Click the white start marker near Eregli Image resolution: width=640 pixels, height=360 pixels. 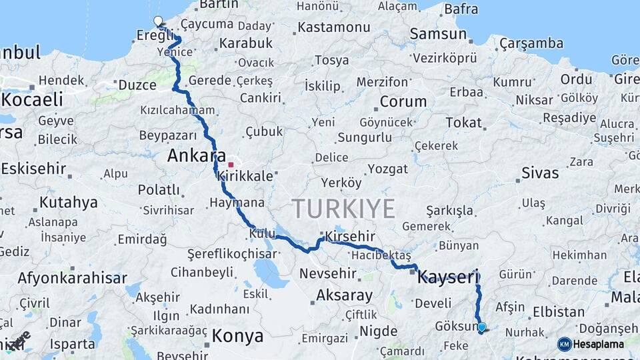pyautogui.click(x=158, y=21)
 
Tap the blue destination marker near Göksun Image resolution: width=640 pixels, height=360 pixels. pyautogui.click(x=482, y=327)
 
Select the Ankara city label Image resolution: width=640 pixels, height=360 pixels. pyautogui.click(x=197, y=156)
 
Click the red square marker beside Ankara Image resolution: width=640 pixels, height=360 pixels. pyautogui.click(x=231, y=164)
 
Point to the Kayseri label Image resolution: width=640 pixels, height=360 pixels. pyautogui.click(x=448, y=277)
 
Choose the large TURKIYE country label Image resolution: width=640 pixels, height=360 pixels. pyautogui.click(x=343, y=209)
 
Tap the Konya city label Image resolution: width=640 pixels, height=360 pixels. pyautogui.click(x=238, y=336)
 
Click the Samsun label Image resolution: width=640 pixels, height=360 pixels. pyautogui.click(x=438, y=33)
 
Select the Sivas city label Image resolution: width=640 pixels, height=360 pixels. pyautogui.click(x=539, y=173)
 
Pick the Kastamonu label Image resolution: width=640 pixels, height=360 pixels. pyautogui.click(x=333, y=27)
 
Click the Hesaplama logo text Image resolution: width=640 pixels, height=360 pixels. pyautogui.click(x=599, y=344)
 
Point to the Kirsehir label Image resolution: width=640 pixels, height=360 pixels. pyautogui.click(x=350, y=237)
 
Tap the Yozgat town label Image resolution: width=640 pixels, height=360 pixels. pyautogui.click(x=387, y=169)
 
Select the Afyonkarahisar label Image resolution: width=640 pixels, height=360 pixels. pyautogui.click(x=73, y=278)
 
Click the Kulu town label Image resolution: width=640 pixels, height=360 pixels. pyautogui.click(x=262, y=233)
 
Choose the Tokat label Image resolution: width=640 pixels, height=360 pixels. pyautogui.click(x=463, y=122)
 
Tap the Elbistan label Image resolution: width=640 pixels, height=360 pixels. pyautogui.click(x=559, y=311)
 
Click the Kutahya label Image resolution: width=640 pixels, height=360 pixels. pyautogui.click(x=69, y=202)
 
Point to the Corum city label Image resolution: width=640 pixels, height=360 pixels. pyautogui.click(x=403, y=102)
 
